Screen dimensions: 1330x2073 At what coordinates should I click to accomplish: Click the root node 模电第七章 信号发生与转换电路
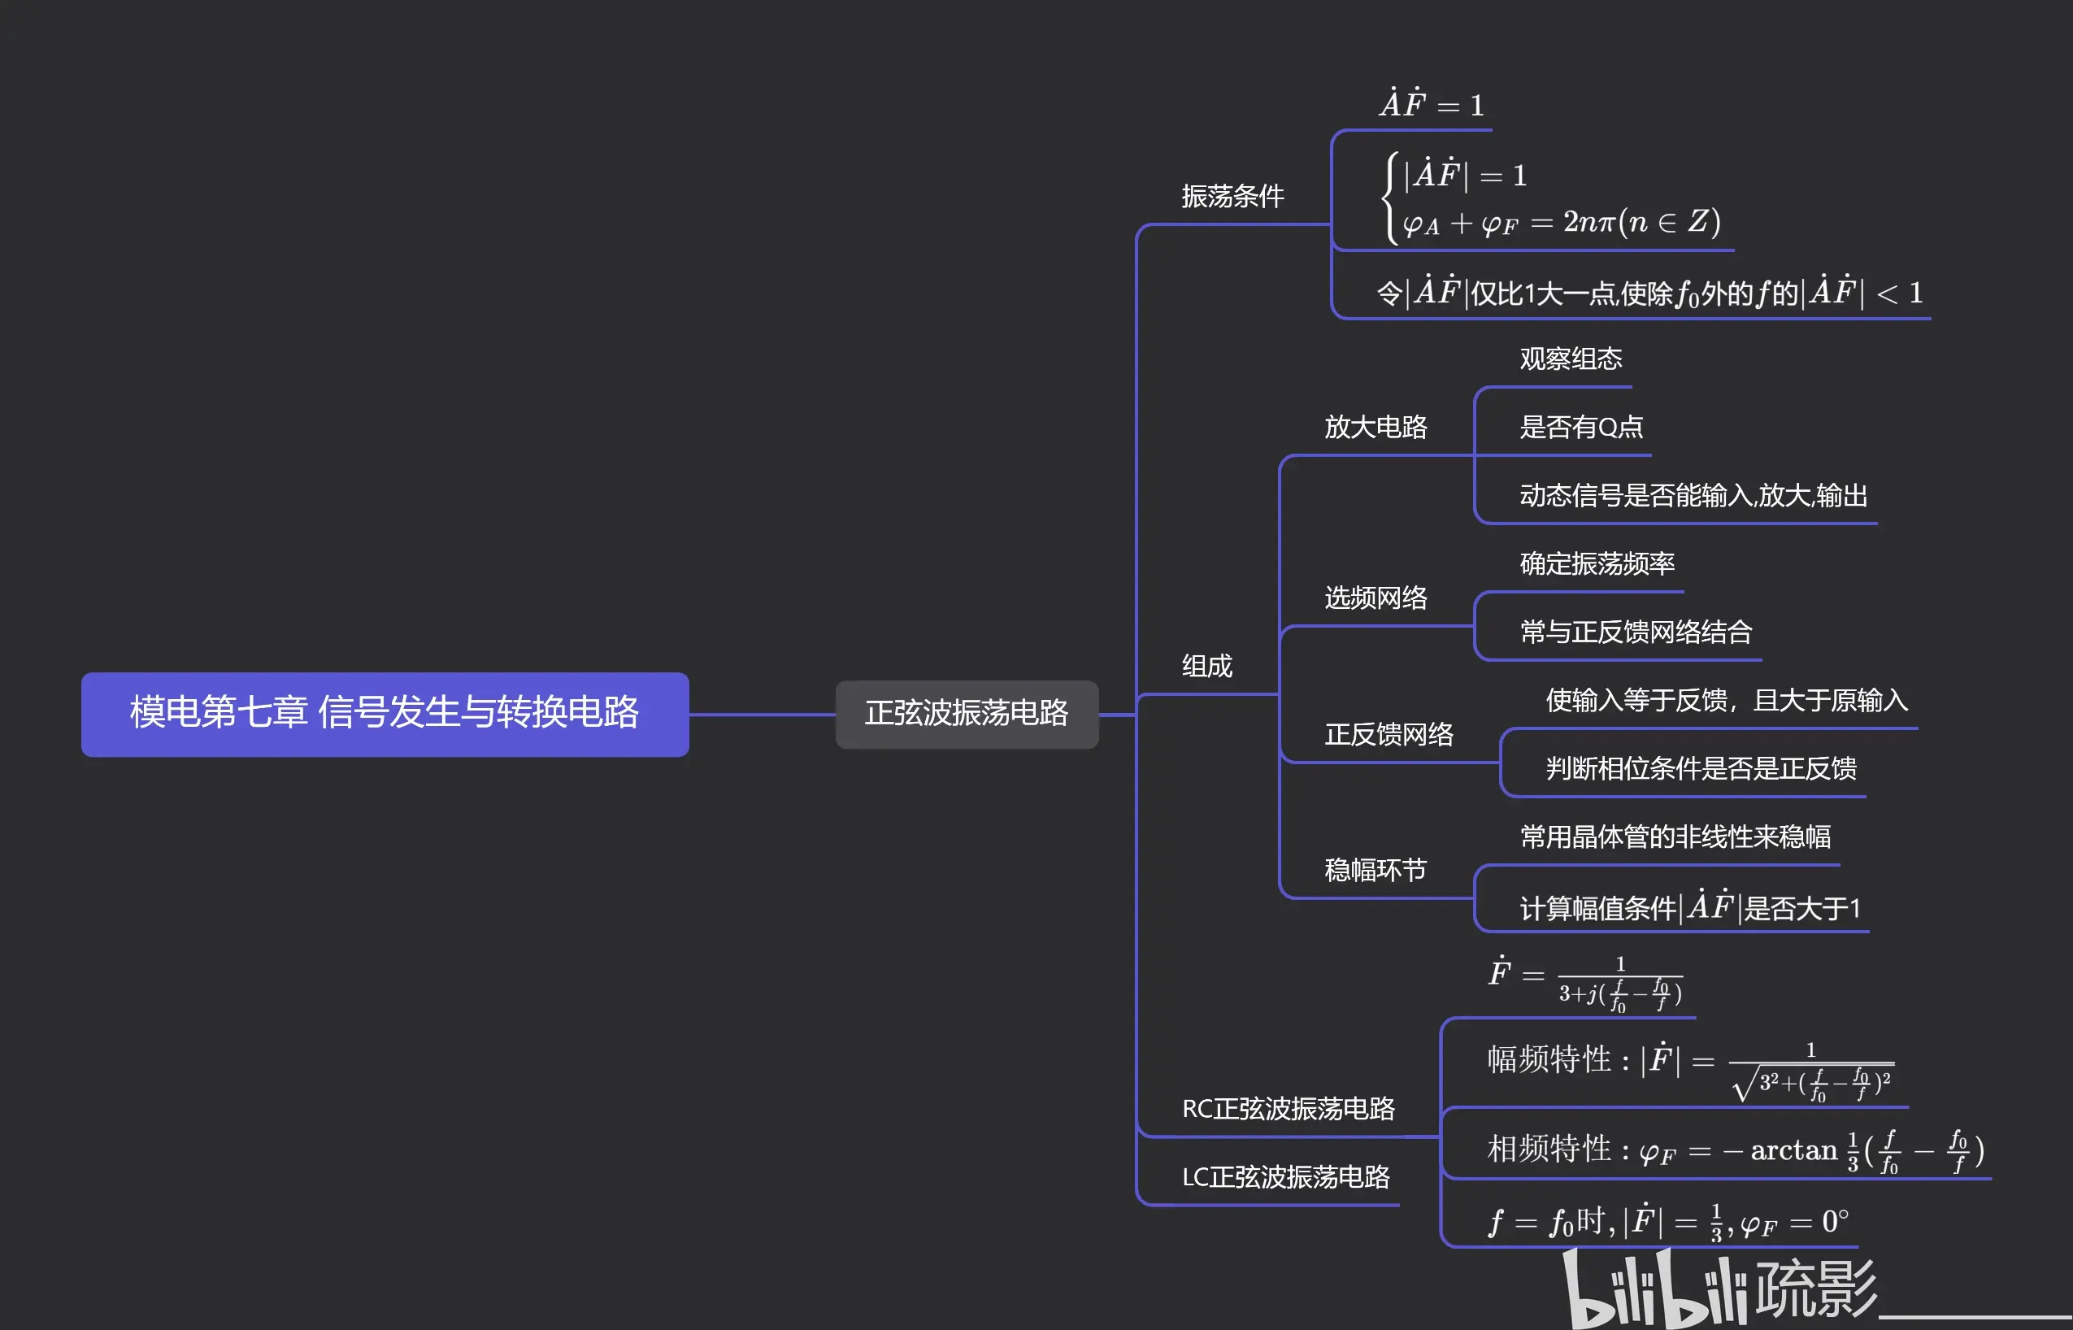385,713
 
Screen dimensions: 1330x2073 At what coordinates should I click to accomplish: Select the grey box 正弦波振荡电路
966,713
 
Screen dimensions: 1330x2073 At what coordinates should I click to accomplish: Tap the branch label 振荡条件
1232,197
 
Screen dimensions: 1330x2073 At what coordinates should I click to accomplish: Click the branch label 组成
1206,666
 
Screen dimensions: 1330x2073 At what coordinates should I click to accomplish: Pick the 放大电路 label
1375,427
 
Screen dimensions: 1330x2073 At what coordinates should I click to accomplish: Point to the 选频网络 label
1375,598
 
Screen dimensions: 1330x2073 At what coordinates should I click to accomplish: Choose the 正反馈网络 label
1389,734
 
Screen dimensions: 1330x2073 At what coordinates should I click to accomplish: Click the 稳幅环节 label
1375,870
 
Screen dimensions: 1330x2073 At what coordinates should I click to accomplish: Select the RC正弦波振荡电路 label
1288,1108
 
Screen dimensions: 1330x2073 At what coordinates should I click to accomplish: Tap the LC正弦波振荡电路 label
1284,1176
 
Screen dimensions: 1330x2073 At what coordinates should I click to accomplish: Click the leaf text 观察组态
1571,359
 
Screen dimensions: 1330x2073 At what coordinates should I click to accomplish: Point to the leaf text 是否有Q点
1581,427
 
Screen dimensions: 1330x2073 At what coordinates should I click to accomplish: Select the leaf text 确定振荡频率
1597,563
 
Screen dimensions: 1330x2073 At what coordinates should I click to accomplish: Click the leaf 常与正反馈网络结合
1636,632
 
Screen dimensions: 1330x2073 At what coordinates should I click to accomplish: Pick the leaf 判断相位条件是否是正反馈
1700,767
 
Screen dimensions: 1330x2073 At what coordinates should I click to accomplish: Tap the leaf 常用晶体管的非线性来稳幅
1675,836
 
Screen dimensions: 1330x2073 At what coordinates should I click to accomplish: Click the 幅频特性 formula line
1688,1067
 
